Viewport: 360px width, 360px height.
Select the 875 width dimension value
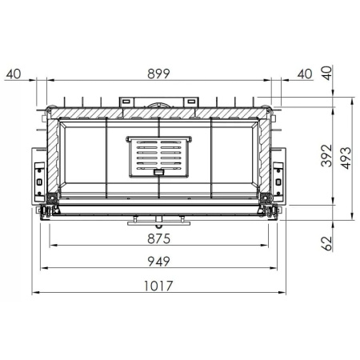pos(160,238)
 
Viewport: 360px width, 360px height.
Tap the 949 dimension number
pos(160,261)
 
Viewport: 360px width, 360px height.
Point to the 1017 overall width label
pos(160,285)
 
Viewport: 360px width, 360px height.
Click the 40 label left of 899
pos(12,74)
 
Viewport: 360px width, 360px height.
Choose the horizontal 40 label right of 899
pos(304,74)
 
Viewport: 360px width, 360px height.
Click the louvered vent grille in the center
pos(160,155)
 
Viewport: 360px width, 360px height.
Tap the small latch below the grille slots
pos(159,170)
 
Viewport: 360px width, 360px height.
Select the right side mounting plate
pos(279,178)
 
